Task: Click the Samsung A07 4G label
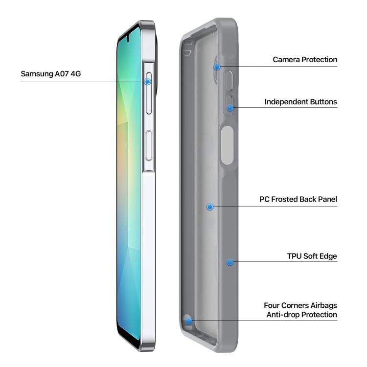coord(51,74)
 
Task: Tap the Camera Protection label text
coord(305,59)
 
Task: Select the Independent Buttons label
coord(301,102)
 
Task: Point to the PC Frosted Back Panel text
coord(298,199)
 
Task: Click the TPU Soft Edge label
coord(312,256)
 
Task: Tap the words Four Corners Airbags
coord(300,305)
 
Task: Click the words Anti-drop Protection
coord(302,315)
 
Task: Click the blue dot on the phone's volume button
coord(147,81)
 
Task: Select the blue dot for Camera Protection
coord(217,67)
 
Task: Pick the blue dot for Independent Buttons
coord(230,108)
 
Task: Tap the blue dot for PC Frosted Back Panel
coord(210,206)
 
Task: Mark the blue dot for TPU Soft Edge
coord(229,262)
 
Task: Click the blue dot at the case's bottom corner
coord(188,321)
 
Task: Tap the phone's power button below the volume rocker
coord(149,146)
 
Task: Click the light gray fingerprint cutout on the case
coord(227,145)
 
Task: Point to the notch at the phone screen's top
coord(128,39)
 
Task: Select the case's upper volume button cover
coord(229,81)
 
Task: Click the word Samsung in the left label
coord(37,74)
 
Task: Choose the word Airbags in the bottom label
coord(324,305)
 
